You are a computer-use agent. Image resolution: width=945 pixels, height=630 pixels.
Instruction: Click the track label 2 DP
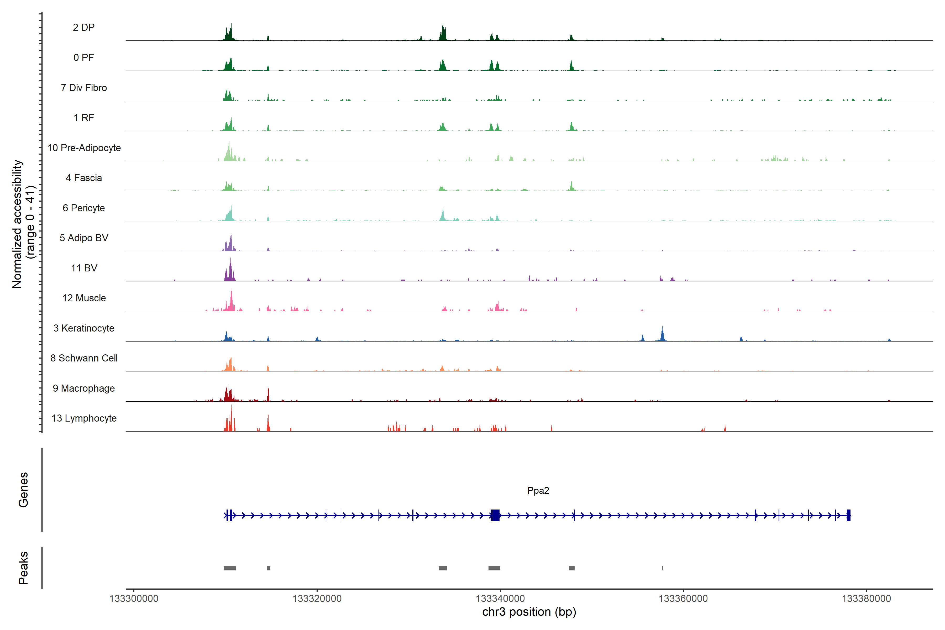(x=83, y=27)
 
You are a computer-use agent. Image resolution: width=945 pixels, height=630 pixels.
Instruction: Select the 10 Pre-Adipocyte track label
(x=84, y=148)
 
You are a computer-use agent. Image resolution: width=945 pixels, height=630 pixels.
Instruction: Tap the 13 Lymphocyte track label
(x=84, y=418)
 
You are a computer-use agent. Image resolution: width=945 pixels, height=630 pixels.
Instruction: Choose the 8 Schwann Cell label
(x=84, y=358)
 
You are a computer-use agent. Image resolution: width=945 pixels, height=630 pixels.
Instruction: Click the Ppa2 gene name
(x=538, y=491)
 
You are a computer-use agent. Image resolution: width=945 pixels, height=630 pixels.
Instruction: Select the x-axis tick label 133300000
(x=134, y=599)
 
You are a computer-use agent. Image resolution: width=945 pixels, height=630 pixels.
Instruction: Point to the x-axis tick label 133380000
(x=866, y=599)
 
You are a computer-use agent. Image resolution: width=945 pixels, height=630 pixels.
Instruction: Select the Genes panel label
(x=23, y=490)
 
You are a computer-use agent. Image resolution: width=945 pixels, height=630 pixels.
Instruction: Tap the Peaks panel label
(x=23, y=568)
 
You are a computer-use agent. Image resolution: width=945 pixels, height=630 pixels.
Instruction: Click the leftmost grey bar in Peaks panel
(x=229, y=568)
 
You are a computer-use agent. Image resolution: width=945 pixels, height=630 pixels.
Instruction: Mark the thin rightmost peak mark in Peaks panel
(x=662, y=568)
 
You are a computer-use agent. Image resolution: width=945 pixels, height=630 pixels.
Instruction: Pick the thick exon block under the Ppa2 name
(x=496, y=515)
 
